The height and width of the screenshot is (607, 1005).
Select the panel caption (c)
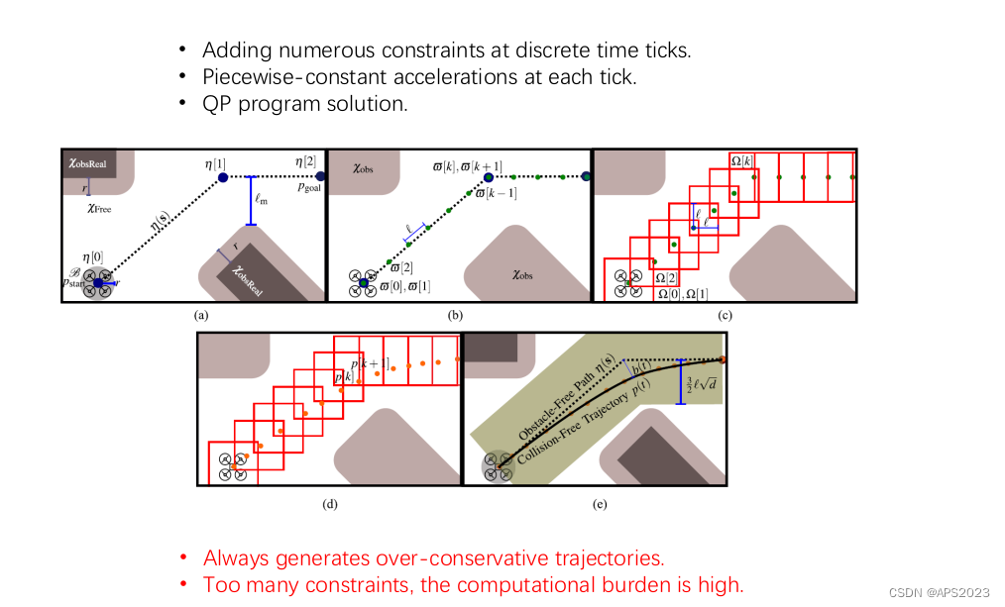coord(725,315)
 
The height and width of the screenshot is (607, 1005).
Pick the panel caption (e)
coord(599,504)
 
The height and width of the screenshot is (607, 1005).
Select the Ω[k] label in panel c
coord(741,160)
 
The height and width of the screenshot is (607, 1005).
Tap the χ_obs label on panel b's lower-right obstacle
coord(521,274)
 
